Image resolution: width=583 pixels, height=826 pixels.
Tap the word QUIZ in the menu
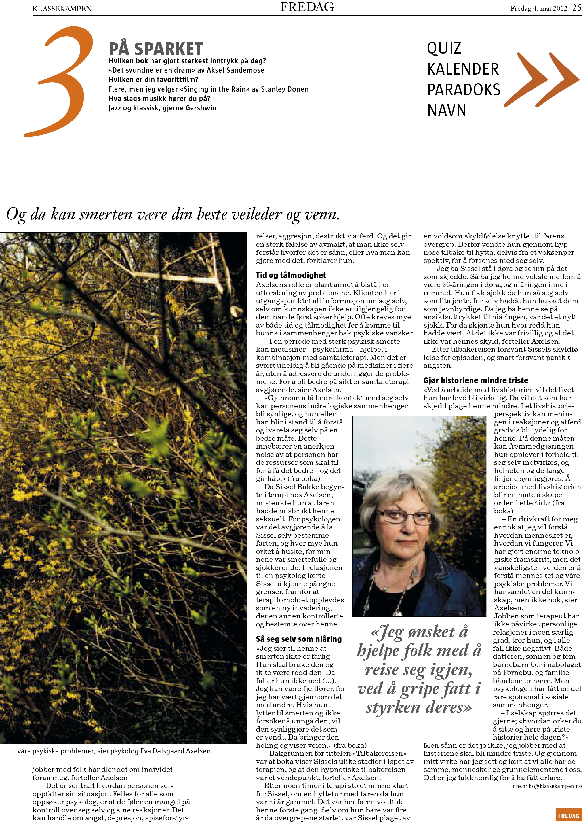(x=444, y=48)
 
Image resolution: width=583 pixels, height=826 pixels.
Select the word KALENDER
(x=463, y=69)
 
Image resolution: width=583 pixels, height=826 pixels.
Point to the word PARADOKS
(x=464, y=90)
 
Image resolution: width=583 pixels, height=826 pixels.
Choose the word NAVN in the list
(x=447, y=110)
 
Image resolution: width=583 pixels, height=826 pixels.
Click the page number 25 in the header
(x=576, y=8)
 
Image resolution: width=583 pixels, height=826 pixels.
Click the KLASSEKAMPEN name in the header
(x=62, y=8)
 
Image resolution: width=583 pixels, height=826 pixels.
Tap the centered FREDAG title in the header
(x=307, y=7)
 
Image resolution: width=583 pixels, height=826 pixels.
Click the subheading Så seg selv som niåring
(x=299, y=639)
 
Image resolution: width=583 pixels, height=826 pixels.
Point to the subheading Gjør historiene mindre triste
(x=476, y=380)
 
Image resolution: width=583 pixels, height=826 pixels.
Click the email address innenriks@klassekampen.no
(x=546, y=786)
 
